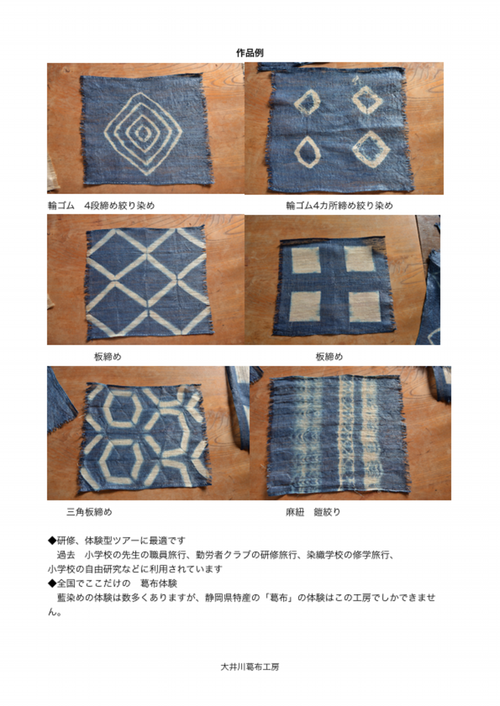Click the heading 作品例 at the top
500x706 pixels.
pyautogui.click(x=250, y=52)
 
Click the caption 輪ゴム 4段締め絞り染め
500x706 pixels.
pyautogui.click(x=101, y=206)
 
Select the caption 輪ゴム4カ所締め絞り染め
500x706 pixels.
pyautogui.click(x=339, y=206)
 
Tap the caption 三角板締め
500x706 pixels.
pyautogui.click(x=89, y=512)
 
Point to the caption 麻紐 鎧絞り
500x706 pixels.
pyautogui.click(x=313, y=512)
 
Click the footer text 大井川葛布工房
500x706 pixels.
pyautogui.click(x=250, y=667)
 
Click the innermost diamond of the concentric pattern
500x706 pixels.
pyautogui.click(x=143, y=132)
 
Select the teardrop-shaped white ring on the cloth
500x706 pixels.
pyautogui.click(x=308, y=151)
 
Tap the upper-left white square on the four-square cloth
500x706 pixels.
pyautogui.click(x=305, y=260)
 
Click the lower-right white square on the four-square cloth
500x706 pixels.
pyautogui.click(x=365, y=306)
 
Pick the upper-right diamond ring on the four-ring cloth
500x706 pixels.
pyautogui.click(x=367, y=101)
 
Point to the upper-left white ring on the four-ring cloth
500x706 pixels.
pyautogui.click(x=307, y=102)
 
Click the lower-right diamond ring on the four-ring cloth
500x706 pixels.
pyautogui.click(x=368, y=149)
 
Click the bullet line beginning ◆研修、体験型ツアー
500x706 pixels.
pyautogui.click(x=117, y=541)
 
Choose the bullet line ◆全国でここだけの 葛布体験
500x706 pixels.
pyautogui.click(x=112, y=584)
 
